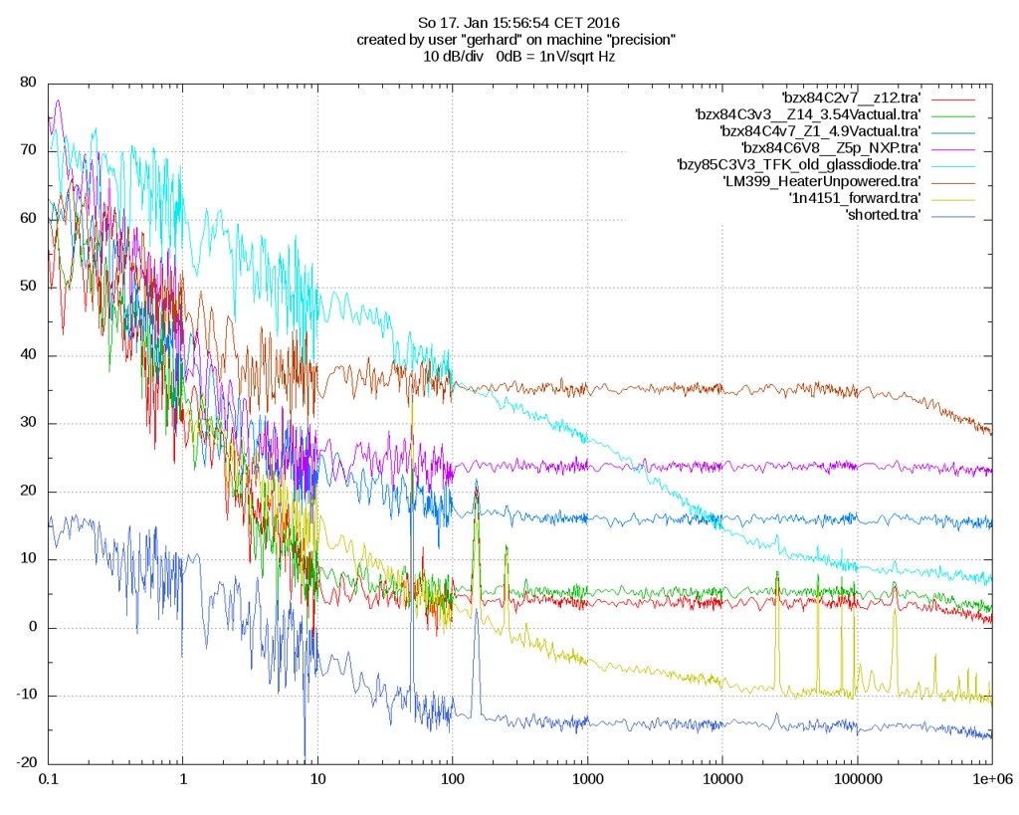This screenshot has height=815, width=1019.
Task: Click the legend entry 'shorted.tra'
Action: pos(882,215)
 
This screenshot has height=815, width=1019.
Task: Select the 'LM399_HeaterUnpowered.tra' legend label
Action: pos(821,181)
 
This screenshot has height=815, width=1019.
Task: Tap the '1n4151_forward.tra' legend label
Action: pos(854,198)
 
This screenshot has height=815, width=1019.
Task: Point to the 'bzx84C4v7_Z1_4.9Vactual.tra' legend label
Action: pos(819,130)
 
